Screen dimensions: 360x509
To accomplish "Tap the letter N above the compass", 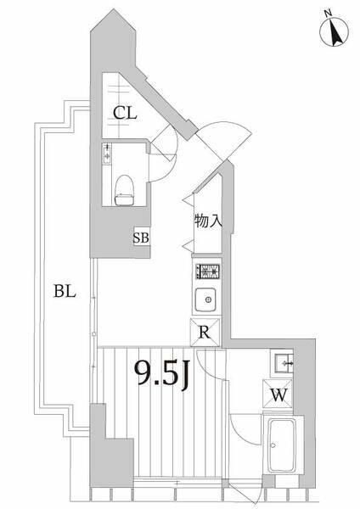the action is pyautogui.click(x=328, y=14).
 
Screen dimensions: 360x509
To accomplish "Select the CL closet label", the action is pyautogui.click(x=125, y=114).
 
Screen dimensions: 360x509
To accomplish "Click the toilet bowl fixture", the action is pyautogui.click(x=125, y=190).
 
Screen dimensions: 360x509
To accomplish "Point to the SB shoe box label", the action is pyautogui.click(x=141, y=238).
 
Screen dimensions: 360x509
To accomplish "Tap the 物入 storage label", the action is pyautogui.click(x=208, y=221).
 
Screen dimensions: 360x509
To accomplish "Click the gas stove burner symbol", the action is pyautogui.click(x=207, y=271).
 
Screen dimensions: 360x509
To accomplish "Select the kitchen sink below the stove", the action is pyautogui.click(x=205, y=299).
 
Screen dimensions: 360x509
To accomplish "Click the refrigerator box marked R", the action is pyautogui.click(x=205, y=333).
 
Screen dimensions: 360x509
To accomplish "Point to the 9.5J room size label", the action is pyautogui.click(x=162, y=375).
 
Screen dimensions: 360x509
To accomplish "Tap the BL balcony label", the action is pyautogui.click(x=65, y=291).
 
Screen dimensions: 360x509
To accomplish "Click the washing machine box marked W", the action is pyautogui.click(x=278, y=394).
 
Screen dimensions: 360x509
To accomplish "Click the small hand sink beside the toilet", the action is pyautogui.click(x=107, y=154).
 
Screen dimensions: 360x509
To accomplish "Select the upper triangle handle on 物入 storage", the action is pyautogui.click(x=188, y=199).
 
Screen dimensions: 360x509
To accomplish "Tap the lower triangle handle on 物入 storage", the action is pyautogui.click(x=188, y=246).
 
